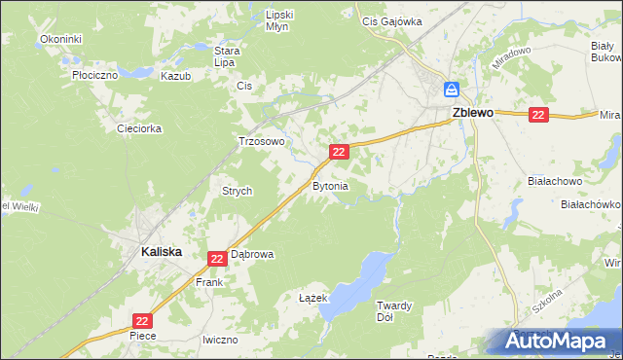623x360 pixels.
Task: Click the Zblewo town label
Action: point(472,112)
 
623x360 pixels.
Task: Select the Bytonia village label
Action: point(330,185)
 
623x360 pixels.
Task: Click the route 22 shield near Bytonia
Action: point(339,152)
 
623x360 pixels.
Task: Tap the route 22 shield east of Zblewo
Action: point(539,115)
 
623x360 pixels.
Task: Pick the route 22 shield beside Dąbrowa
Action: point(217,258)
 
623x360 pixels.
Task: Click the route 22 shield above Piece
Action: point(143,320)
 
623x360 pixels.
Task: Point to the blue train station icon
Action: point(452,90)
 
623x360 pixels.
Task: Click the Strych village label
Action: point(238,192)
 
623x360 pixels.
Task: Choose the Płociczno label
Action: point(94,74)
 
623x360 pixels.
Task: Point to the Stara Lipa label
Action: point(228,56)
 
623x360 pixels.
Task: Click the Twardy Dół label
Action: point(395,311)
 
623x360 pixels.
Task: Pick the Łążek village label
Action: point(311,299)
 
